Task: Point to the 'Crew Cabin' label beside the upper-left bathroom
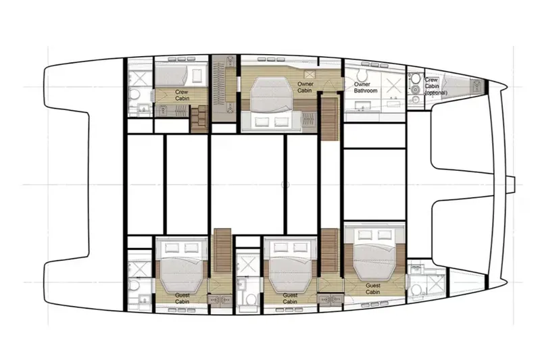point(181,95)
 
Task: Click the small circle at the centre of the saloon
point(285,184)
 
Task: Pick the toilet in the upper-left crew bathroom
point(135,94)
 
